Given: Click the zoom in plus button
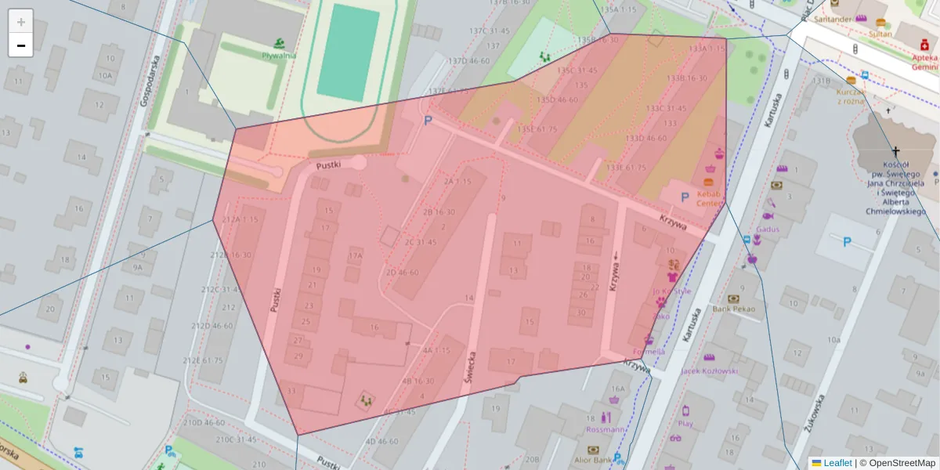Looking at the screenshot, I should [21, 21].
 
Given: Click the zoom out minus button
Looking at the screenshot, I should [21, 45].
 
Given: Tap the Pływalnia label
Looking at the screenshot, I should [279, 55].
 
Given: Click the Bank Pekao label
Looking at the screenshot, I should [733, 309].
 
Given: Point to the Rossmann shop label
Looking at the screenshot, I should [606, 429].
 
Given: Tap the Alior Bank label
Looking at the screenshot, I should [592, 461].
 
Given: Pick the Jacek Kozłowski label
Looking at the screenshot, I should [710, 371].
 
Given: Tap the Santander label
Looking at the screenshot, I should [833, 18].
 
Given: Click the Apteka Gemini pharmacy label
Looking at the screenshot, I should [924, 62].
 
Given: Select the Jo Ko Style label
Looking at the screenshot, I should [672, 291].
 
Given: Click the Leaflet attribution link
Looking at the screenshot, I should [837, 463].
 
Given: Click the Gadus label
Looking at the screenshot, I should [768, 229].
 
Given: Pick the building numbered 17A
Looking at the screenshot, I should [356, 255].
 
